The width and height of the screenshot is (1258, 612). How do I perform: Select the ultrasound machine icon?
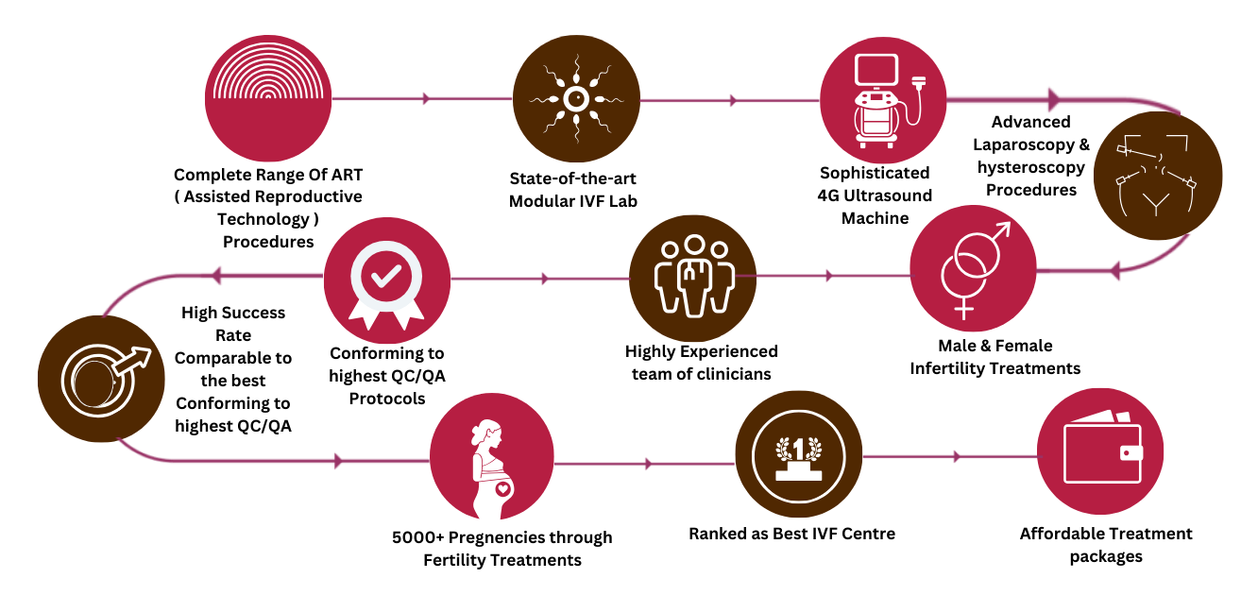coord(880,99)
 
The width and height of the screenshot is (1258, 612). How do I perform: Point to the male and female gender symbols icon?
coord(972,268)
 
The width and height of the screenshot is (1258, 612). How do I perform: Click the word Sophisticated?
coord(875,173)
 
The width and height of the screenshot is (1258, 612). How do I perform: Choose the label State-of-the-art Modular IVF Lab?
coord(573,189)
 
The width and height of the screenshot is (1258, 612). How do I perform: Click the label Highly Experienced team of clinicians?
coord(701,363)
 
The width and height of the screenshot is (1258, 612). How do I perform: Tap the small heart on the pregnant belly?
coord(502,488)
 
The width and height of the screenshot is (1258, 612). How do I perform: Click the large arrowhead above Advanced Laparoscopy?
coord(1054,99)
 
